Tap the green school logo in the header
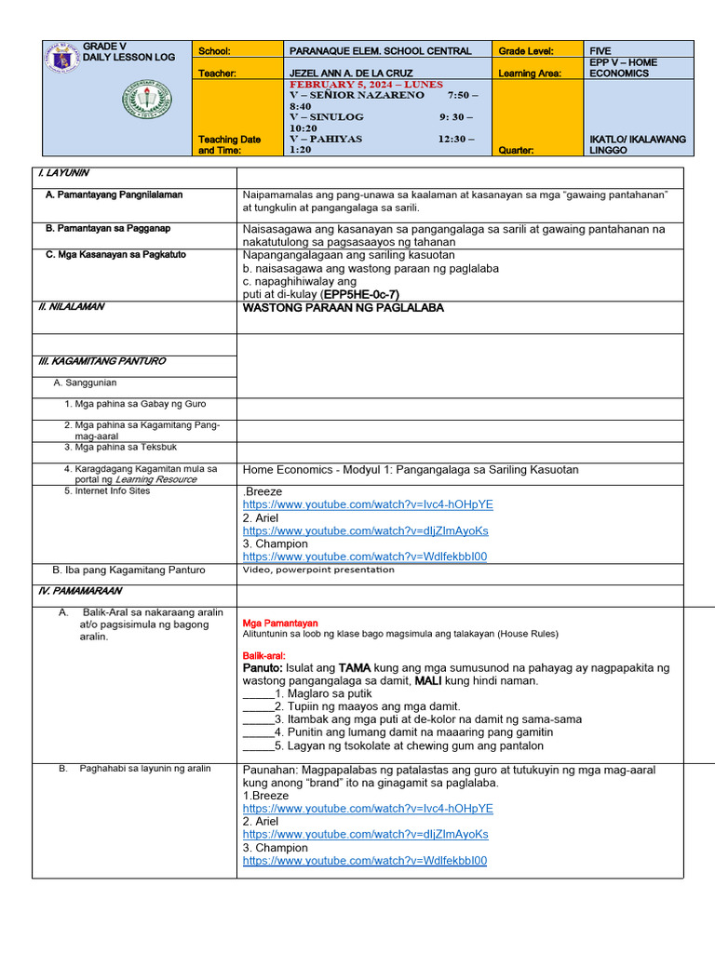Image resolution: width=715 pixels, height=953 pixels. [146, 102]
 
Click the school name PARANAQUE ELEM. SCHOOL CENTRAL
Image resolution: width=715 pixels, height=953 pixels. [381, 51]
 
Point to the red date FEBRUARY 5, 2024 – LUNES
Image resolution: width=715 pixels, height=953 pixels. [357, 84]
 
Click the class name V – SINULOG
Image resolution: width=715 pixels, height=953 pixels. [327, 117]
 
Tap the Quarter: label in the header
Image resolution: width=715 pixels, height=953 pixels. [520, 150]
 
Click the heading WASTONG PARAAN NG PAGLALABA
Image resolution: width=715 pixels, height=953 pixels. [343, 307]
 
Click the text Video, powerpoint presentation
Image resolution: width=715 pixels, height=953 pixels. [318, 570]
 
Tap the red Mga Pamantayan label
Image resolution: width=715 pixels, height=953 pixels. [280, 623]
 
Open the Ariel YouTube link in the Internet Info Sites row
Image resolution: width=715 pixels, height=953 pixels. [365, 530]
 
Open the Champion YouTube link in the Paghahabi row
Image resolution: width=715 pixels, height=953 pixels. [365, 861]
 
